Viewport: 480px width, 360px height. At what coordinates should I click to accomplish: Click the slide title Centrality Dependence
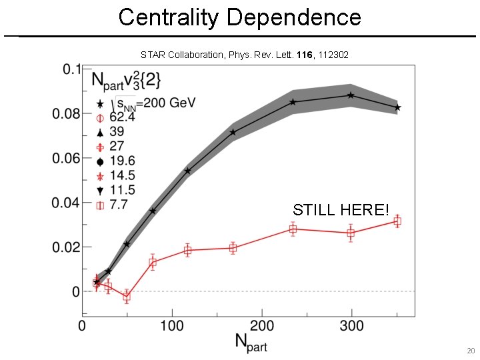point(239,17)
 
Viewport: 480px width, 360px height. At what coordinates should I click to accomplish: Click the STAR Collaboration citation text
point(244,54)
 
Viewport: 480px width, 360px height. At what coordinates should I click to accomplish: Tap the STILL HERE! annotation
point(341,210)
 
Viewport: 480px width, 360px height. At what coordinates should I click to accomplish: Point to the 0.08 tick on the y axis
point(67,114)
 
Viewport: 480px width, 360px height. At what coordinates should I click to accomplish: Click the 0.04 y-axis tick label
point(67,203)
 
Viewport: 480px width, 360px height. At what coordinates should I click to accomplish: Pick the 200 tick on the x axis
point(261,326)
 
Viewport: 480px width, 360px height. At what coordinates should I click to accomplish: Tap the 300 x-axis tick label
point(351,326)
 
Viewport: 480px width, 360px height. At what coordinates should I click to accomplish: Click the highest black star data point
point(351,95)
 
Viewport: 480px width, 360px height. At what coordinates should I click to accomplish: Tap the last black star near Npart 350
point(397,107)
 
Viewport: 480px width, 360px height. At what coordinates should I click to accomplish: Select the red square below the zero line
point(127,297)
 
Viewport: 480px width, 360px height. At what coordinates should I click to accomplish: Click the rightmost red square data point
point(397,221)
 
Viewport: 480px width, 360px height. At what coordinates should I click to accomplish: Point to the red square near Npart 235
point(293,229)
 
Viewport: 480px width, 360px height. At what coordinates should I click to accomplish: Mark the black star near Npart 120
point(187,171)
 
